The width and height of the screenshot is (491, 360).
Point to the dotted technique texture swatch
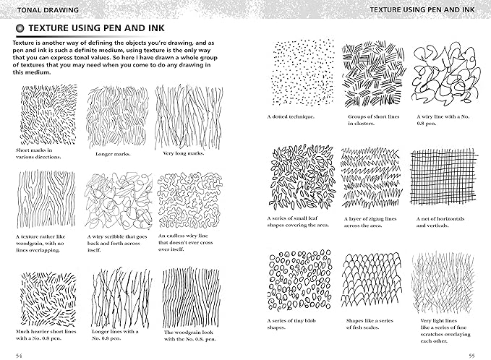coord(302,74)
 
